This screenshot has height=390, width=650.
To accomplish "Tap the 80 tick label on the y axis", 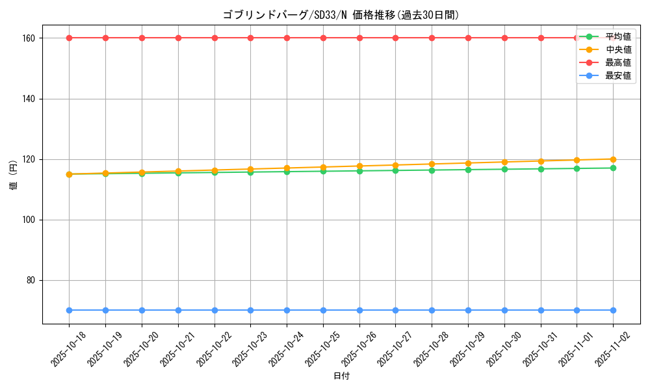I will tap(30, 280).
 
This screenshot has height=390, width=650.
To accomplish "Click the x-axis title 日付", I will tap(341, 376).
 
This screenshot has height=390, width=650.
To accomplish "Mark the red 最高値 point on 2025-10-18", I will tap(69, 38).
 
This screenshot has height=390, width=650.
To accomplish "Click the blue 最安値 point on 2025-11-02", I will tap(613, 310).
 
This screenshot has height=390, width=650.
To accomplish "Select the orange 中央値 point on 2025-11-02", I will tap(613, 159).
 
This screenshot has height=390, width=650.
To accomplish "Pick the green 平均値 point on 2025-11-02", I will tap(613, 168).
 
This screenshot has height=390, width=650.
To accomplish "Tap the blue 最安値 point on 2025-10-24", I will tap(287, 310).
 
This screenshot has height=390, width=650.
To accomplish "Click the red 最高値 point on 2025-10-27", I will tap(395, 38).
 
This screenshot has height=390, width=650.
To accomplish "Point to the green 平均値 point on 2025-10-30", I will tap(504, 169).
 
